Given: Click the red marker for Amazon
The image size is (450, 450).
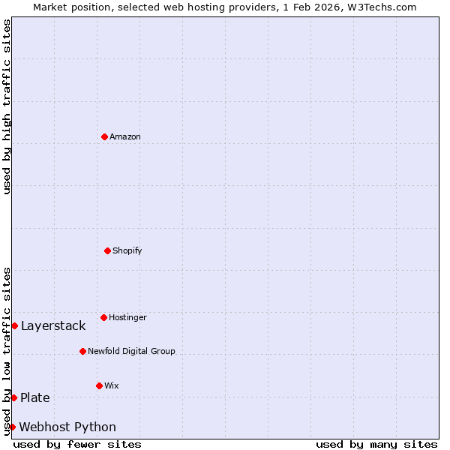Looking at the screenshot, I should coord(104,136).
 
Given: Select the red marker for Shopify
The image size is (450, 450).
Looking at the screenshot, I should coord(107,250).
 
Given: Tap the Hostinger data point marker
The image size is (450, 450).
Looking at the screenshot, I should coord(103,317).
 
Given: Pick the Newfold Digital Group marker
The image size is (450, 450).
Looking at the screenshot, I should coord(82,351).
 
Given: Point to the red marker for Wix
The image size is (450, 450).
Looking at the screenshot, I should coord(99,385).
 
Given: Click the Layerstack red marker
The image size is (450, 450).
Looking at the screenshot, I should coord(14,325).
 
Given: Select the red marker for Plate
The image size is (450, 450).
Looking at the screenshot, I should coord(13,397).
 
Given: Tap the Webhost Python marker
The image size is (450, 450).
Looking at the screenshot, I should coord(12,427).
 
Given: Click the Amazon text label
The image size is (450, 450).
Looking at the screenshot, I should coord(125,137).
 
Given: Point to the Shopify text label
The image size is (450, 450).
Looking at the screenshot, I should coord(127,250).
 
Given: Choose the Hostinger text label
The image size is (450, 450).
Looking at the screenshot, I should coord(127,318).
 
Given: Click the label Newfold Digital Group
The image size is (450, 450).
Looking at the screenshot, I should coord(131,351).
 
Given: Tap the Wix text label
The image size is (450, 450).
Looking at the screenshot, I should coord(112,386).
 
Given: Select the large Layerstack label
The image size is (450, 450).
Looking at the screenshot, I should coord(53,325).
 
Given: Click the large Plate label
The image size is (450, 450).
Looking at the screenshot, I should coord(35,397).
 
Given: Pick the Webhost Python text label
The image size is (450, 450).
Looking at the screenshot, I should coord(67,427).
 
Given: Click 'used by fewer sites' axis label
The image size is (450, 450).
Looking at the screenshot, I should coord(77,445).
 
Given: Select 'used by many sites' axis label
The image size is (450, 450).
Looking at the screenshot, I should coord(376,445).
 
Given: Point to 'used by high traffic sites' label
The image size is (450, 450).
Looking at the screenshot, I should coord(7,106).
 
